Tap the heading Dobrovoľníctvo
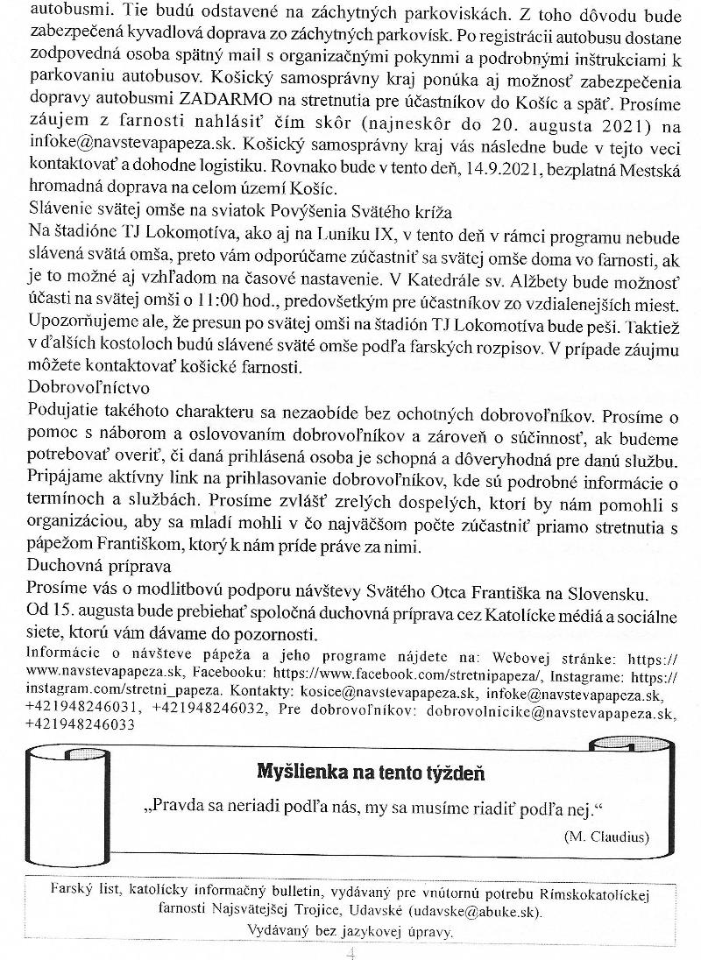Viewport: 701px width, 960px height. point(89,385)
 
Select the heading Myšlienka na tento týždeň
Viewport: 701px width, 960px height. point(369,772)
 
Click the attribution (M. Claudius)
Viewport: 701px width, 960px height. point(606,836)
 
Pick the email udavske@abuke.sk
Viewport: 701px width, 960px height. point(479,911)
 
